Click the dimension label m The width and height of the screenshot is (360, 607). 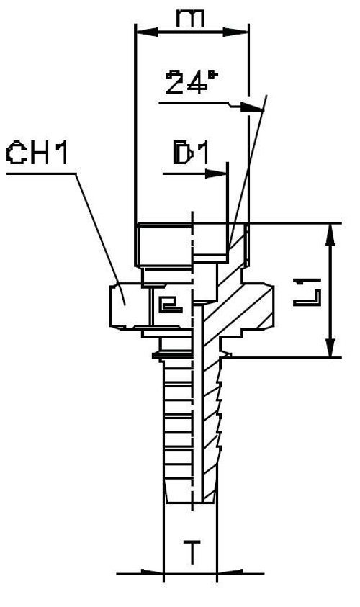point(192,17)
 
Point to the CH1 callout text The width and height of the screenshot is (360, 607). point(37,153)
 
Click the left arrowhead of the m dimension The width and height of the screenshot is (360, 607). point(141,31)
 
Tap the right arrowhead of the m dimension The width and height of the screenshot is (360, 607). point(243,31)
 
